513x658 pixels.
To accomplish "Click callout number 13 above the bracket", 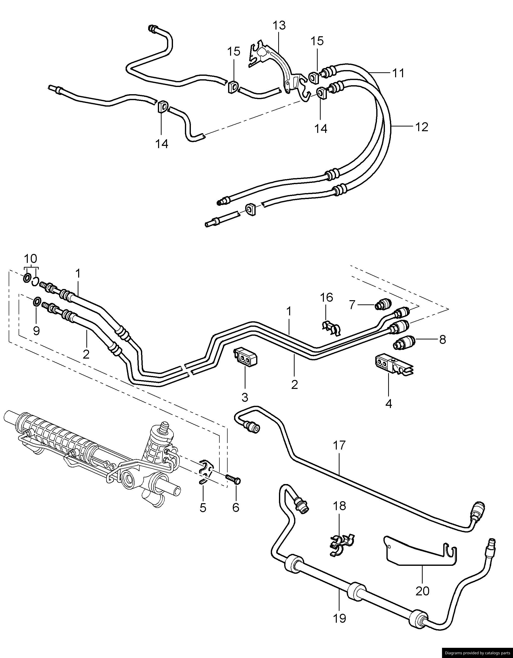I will (x=279, y=26).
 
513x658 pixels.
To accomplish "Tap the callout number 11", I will (x=399, y=73).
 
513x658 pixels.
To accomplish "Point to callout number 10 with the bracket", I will (x=31, y=259).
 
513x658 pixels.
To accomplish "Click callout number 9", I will (x=36, y=331).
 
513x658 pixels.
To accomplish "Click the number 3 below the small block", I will (x=245, y=397).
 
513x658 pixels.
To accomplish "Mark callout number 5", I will (x=203, y=508).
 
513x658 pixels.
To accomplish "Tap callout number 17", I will (x=339, y=445).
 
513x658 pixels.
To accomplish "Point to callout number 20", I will (x=422, y=591).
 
